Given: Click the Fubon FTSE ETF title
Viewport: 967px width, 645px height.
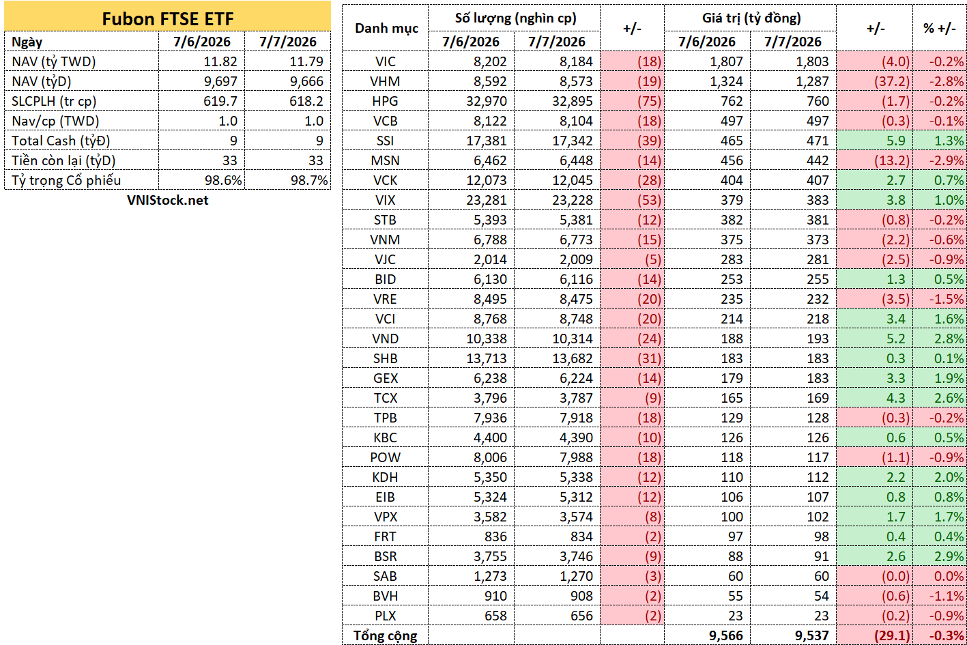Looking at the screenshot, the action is tap(167, 19).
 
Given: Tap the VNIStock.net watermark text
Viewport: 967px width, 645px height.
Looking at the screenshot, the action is tap(167, 200).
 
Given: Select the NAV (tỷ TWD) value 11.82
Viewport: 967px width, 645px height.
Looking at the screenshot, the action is tap(220, 61).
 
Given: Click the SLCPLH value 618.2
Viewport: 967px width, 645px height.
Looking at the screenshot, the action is tap(306, 101).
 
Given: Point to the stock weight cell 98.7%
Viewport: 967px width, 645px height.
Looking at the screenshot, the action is tap(309, 180).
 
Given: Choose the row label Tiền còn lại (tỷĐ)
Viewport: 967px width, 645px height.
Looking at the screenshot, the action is tap(63, 160).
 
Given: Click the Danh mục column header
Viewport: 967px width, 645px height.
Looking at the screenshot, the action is tap(386, 29).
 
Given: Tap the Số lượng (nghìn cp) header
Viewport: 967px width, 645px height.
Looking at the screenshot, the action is tap(515, 18).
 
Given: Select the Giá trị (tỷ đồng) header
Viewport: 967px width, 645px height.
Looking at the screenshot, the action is tap(751, 18).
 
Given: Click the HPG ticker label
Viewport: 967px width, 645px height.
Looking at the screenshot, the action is tap(385, 101).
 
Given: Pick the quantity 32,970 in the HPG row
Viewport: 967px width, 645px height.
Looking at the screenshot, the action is tap(486, 101).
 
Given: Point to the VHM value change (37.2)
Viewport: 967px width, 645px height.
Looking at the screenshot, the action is tap(892, 81).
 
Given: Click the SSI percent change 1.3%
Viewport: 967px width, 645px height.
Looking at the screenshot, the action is tap(949, 141).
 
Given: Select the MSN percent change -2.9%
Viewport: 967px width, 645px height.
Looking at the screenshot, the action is tap(947, 160).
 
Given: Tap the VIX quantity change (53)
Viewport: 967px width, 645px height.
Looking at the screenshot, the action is tap(649, 200).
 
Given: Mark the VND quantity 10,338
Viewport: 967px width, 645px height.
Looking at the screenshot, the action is tap(486, 339).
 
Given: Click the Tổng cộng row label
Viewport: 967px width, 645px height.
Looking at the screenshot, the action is tap(385, 635).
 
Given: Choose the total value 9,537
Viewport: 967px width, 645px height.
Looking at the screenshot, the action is tap(811, 635).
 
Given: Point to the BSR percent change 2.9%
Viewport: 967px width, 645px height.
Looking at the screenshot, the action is tap(949, 556).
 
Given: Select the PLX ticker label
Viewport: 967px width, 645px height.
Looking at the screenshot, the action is tap(385, 616).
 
